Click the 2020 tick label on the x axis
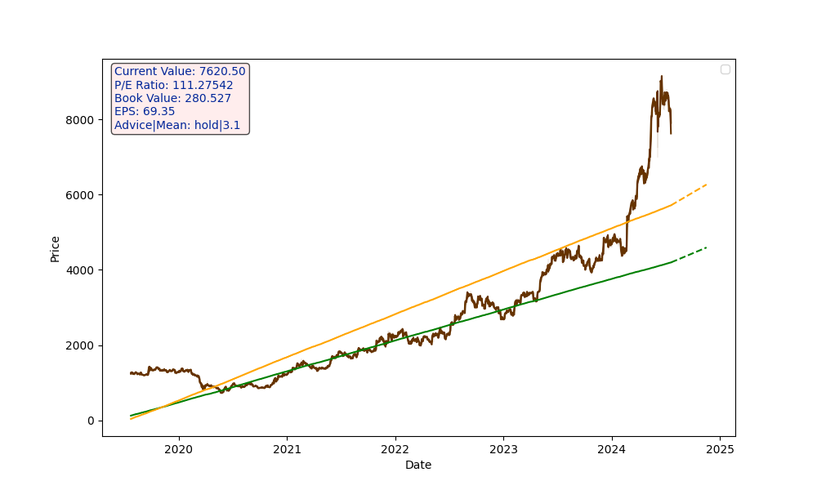[x=178, y=449]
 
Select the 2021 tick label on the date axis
[x=287, y=449]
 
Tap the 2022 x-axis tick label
[x=395, y=449]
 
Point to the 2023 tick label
[x=503, y=449]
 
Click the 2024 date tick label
[x=611, y=449]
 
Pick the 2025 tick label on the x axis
[x=720, y=449]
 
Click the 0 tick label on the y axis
[x=92, y=421]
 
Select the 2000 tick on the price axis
[x=82, y=345]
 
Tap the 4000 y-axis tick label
[x=82, y=270]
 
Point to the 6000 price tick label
[x=82, y=195]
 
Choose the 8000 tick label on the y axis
[x=82, y=120]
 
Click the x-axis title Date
[x=418, y=465]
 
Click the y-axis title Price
[x=56, y=248]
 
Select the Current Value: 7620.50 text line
[x=180, y=72]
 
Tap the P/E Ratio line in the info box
[x=173, y=85]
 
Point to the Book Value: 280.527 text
[x=172, y=99]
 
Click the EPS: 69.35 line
[x=145, y=112]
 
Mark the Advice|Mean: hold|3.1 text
[x=177, y=125]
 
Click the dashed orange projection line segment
[x=690, y=194]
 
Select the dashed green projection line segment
[x=690, y=254]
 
